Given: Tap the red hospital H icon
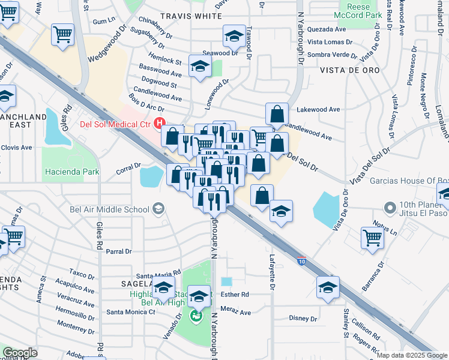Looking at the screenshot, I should pos(160,124).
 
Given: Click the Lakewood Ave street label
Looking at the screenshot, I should pos(319,110).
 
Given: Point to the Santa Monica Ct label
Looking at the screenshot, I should pos(131,312).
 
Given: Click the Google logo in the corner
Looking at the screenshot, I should pos(20,353).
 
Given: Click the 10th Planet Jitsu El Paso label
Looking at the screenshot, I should pos(419,208).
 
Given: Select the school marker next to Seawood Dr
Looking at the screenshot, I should pos(234,36).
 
